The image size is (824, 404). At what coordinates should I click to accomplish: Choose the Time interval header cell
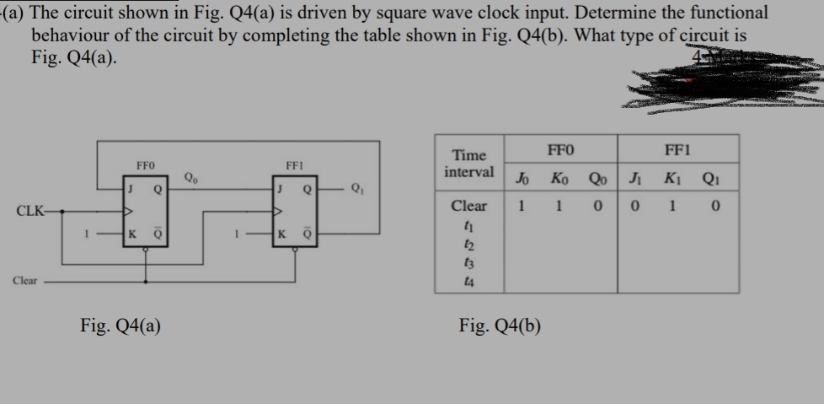(x=470, y=164)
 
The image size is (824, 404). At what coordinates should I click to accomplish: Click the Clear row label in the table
(x=469, y=206)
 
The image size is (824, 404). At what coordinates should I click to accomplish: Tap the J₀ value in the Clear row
(x=522, y=206)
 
